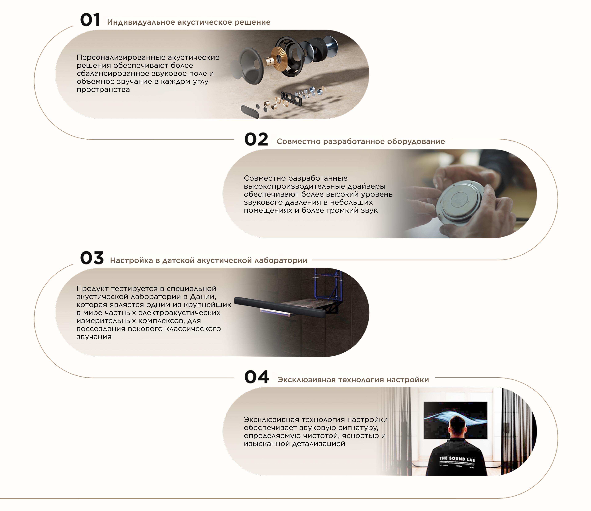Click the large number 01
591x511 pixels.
coord(90,20)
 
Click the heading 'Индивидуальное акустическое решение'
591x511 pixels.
coord(189,22)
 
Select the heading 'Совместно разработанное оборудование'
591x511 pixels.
coord(361,141)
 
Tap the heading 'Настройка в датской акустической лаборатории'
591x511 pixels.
coord(209,260)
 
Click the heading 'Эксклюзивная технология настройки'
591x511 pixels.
coord(353,380)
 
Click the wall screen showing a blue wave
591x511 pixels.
coord(456,420)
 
